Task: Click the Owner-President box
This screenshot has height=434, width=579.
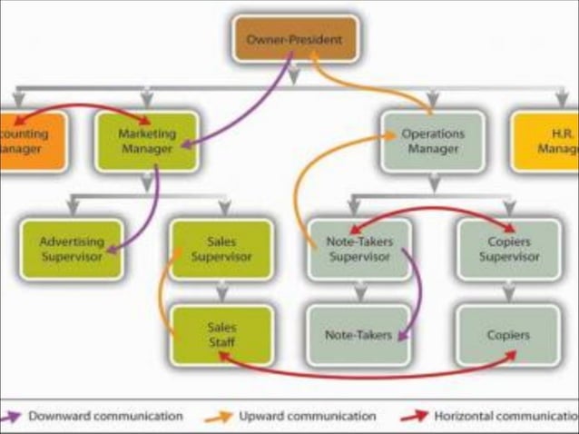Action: click(295, 39)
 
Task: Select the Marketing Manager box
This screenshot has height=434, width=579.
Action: click(146, 141)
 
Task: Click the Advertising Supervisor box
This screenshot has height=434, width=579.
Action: click(71, 248)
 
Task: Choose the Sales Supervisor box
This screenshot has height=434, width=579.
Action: click(221, 248)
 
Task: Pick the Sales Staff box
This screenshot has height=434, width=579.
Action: click(221, 334)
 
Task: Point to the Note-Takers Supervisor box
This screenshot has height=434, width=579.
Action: click(358, 248)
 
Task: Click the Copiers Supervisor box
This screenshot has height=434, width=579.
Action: click(507, 248)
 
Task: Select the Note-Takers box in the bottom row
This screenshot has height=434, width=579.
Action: click(358, 335)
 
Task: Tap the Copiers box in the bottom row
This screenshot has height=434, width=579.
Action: click(507, 335)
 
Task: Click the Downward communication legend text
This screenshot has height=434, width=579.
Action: click(104, 416)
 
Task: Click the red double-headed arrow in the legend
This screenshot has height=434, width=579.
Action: click(416, 416)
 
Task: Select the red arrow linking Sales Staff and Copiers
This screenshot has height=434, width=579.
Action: click(363, 374)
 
